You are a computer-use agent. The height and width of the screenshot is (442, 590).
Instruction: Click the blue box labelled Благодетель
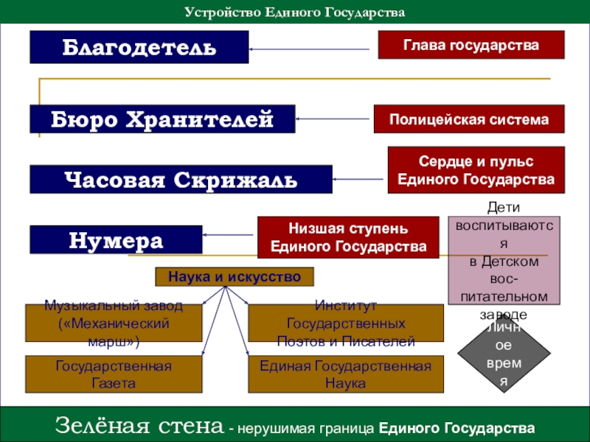pyautogui.click(x=139, y=47)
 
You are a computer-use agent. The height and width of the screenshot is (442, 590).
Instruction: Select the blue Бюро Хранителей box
pyautogui.click(x=162, y=119)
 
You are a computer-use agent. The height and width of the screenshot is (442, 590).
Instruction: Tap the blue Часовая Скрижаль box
pyautogui.click(x=181, y=179)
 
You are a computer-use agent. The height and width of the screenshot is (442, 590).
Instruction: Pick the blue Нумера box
pyautogui.click(x=116, y=239)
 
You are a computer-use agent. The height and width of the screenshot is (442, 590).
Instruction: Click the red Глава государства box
pyautogui.click(x=471, y=45)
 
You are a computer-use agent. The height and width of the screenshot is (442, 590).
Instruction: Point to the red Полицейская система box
pyautogui.click(x=469, y=119)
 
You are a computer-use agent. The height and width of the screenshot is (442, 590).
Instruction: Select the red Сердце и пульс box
pyautogui.click(x=476, y=170)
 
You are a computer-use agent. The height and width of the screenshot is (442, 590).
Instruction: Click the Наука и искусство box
pyautogui.click(x=235, y=277)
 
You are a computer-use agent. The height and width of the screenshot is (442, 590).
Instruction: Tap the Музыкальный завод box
pyautogui.click(x=114, y=323)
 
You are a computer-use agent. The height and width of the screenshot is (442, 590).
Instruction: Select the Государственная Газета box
pyautogui.click(x=114, y=374)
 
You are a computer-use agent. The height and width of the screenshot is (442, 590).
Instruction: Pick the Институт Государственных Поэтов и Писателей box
pyautogui.click(x=346, y=323)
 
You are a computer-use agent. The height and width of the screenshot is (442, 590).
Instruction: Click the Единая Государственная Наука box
pyautogui.click(x=346, y=374)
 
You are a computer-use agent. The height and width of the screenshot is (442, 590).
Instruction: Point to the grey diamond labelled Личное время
pyautogui.click(x=504, y=354)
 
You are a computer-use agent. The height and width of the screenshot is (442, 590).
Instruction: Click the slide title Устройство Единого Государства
pyautogui.click(x=294, y=13)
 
